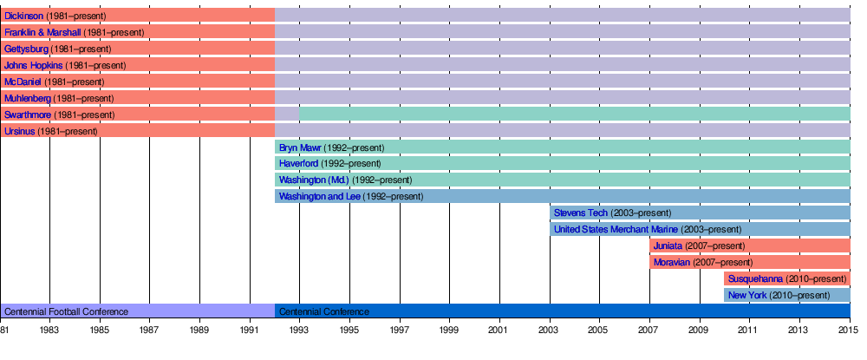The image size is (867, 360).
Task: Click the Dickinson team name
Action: pos(24,16)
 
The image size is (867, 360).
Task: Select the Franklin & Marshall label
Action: pos(42,32)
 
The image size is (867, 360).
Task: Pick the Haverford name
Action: pos(298,164)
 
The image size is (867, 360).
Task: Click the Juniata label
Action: pos(668,246)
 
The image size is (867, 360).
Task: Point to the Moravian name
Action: pos(672,263)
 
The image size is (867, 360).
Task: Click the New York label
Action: pos(747,296)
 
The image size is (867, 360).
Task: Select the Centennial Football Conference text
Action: pos(66,311)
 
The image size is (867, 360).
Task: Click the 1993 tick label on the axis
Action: pos(299,331)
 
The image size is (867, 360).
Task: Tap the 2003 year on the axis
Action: pos(550,331)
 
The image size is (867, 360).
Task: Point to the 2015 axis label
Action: pos(849,331)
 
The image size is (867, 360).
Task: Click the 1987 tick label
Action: pos(149,331)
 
